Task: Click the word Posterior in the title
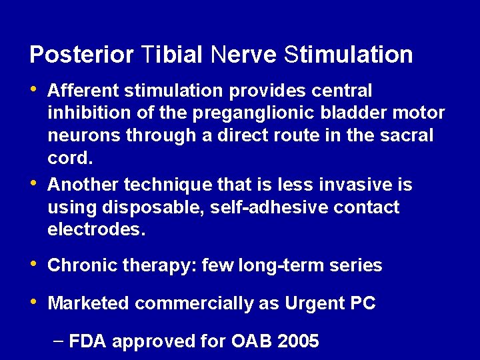click(81, 54)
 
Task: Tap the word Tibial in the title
click(172, 54)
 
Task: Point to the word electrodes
click(96, 230)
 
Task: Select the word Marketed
click(88, 303)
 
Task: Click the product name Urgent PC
click(330, 303)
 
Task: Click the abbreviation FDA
click(87, 342)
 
